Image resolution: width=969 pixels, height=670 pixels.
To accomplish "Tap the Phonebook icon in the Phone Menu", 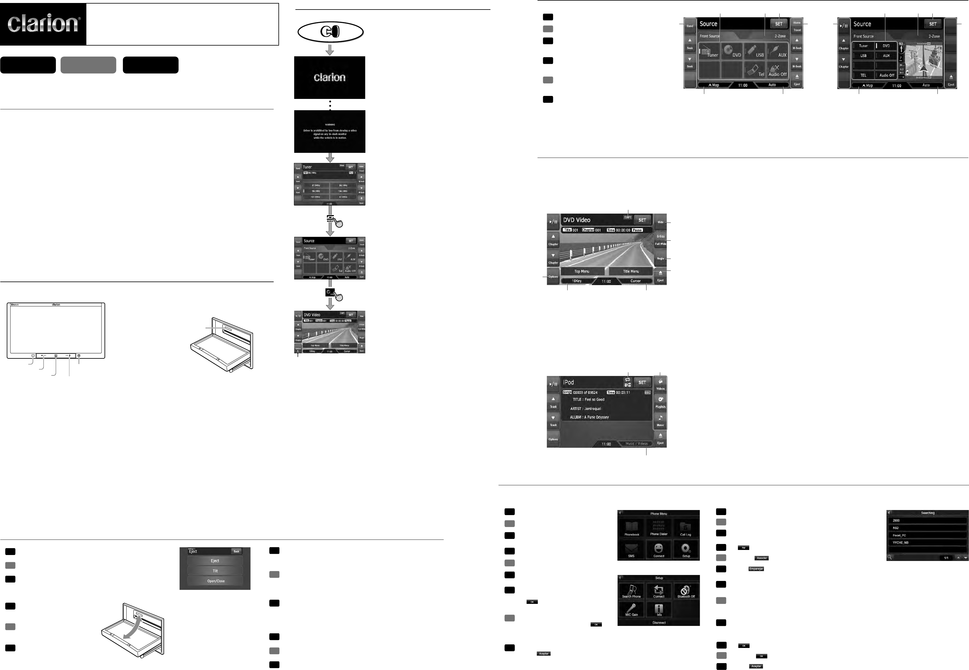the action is click(x=632, y=528).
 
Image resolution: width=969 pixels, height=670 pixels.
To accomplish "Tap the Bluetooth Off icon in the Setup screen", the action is click(x=686, y=591).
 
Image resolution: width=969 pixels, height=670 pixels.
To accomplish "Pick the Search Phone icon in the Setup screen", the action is click(x=631, y=591).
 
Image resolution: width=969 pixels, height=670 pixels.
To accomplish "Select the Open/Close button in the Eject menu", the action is click(x=216, y=581).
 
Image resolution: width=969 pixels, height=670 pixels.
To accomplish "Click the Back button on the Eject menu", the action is click(x=236, y=551).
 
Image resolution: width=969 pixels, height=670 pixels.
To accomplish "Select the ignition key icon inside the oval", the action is click(x=330, y=32).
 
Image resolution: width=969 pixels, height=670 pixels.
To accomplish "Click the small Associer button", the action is click(x=762, y=558).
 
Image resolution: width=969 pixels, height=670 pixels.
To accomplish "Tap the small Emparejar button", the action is click(x=756, y=569).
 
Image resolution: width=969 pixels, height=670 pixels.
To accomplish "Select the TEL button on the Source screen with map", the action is click(x=863, y=75).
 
